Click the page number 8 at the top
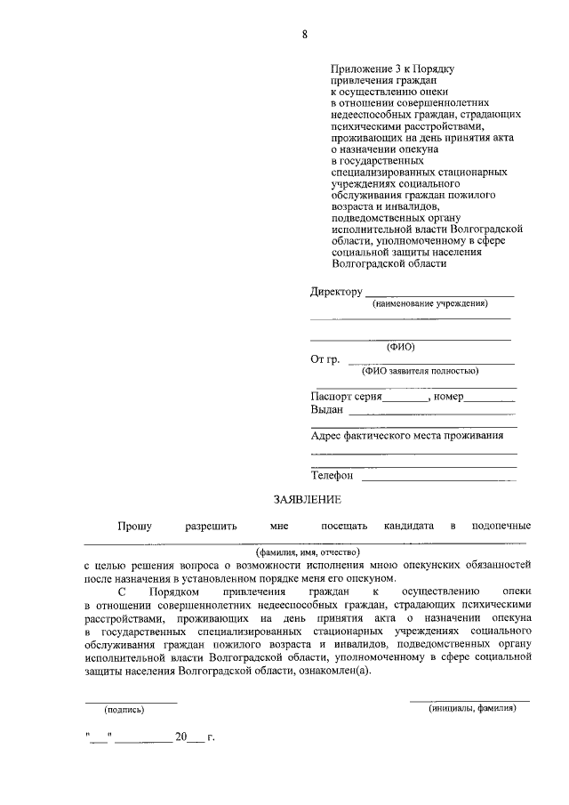[x=304, y=36]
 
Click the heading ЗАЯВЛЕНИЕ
[x=307, y=501]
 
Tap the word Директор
[x=336, y=292]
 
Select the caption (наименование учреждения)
[x=430, y=303]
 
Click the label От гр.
[x=325, y=359]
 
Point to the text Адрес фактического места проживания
[x=407, y=436]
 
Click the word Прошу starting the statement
[x=133, y=527]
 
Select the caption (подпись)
[x=124, y=710]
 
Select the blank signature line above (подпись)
[x=131, y=702]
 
